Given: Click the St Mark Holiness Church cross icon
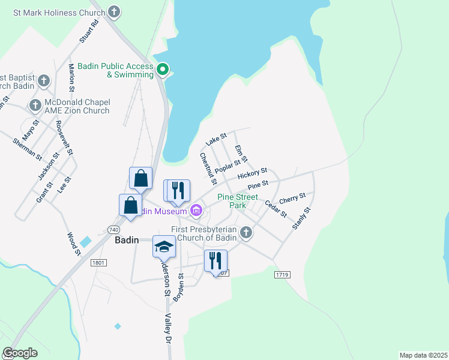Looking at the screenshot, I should [113, 11].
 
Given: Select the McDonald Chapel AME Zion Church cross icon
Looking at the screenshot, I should [34, 106].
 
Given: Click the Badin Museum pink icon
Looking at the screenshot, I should [196, 211].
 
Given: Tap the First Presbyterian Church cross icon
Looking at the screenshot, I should [246, 232].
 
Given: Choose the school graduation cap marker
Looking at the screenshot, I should [164, 246].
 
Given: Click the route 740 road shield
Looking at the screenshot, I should [113, 230].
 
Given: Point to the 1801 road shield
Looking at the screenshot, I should [98, 262].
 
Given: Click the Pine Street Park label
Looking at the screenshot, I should [238, 201].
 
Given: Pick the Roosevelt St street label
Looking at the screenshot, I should [64, 138].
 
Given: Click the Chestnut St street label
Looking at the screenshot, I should [208, 168].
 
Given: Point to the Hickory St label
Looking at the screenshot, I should [252, 174].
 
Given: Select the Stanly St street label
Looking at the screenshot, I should [301, 218].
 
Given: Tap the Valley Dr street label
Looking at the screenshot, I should [169, 328].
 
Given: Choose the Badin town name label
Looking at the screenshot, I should [127, 240].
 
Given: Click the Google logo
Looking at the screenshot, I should [20, 353].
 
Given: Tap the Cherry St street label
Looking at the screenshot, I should [292, 197].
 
